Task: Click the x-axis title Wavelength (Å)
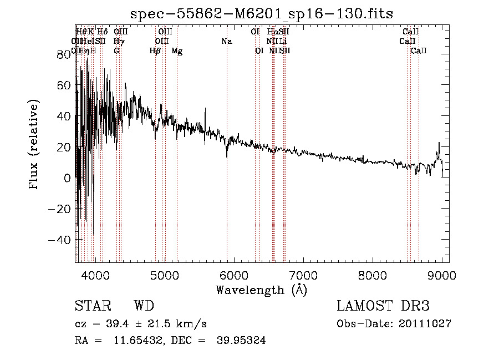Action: coord(261,290)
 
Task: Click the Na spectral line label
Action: coord(226,42)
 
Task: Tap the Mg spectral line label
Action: coord(177,51)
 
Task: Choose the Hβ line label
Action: coord(155,51)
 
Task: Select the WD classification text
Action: coord(144,306)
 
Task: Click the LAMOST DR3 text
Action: coord(383,306)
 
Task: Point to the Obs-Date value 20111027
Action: coord(425,324)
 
